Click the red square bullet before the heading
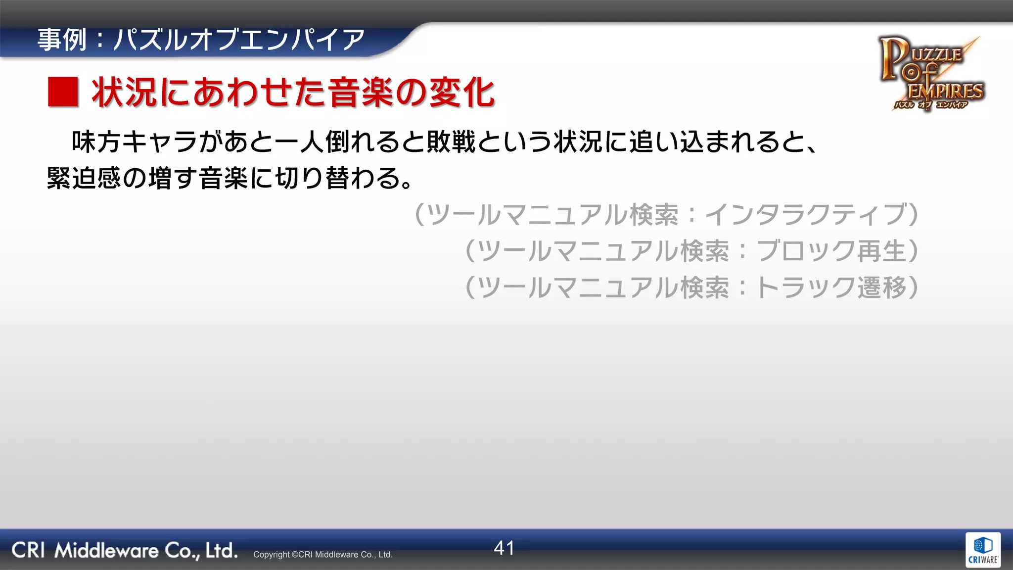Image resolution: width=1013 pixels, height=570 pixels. pos(63,92)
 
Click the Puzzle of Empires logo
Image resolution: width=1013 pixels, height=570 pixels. pos(931,73)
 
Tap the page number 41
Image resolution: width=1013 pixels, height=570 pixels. pos(504,548)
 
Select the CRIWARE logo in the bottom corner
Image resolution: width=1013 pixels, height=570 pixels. pos(983,550)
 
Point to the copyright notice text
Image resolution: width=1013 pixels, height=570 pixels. pos(322,555)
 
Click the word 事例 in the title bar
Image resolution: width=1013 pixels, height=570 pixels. pos(62,40)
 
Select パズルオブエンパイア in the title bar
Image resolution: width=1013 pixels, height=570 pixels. pos(239,40)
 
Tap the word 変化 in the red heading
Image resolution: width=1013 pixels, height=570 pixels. pos(462,93)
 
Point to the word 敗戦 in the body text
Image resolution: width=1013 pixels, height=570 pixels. pos(451,142)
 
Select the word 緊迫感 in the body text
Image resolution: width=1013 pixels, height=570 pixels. pos(84,178)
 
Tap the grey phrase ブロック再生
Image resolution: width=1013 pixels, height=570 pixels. pos(831,251)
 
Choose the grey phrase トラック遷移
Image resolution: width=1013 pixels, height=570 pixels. pos(831,287)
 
